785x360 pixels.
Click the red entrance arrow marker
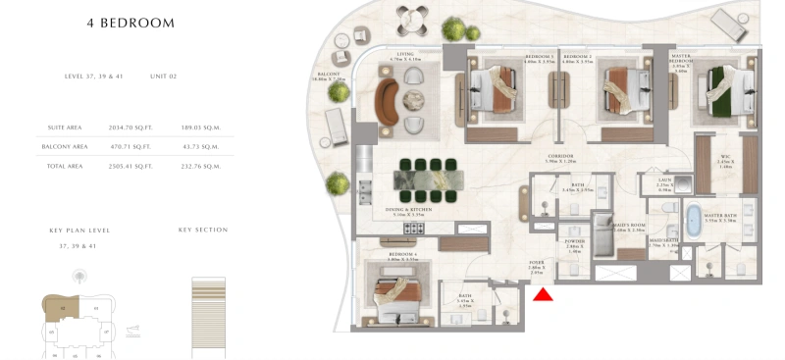click(542, 291)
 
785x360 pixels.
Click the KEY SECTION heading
click(203, 230)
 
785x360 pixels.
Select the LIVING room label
click(405, 55)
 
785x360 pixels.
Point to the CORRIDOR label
click(561, 157)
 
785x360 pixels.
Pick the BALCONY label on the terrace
click(328, 75)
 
